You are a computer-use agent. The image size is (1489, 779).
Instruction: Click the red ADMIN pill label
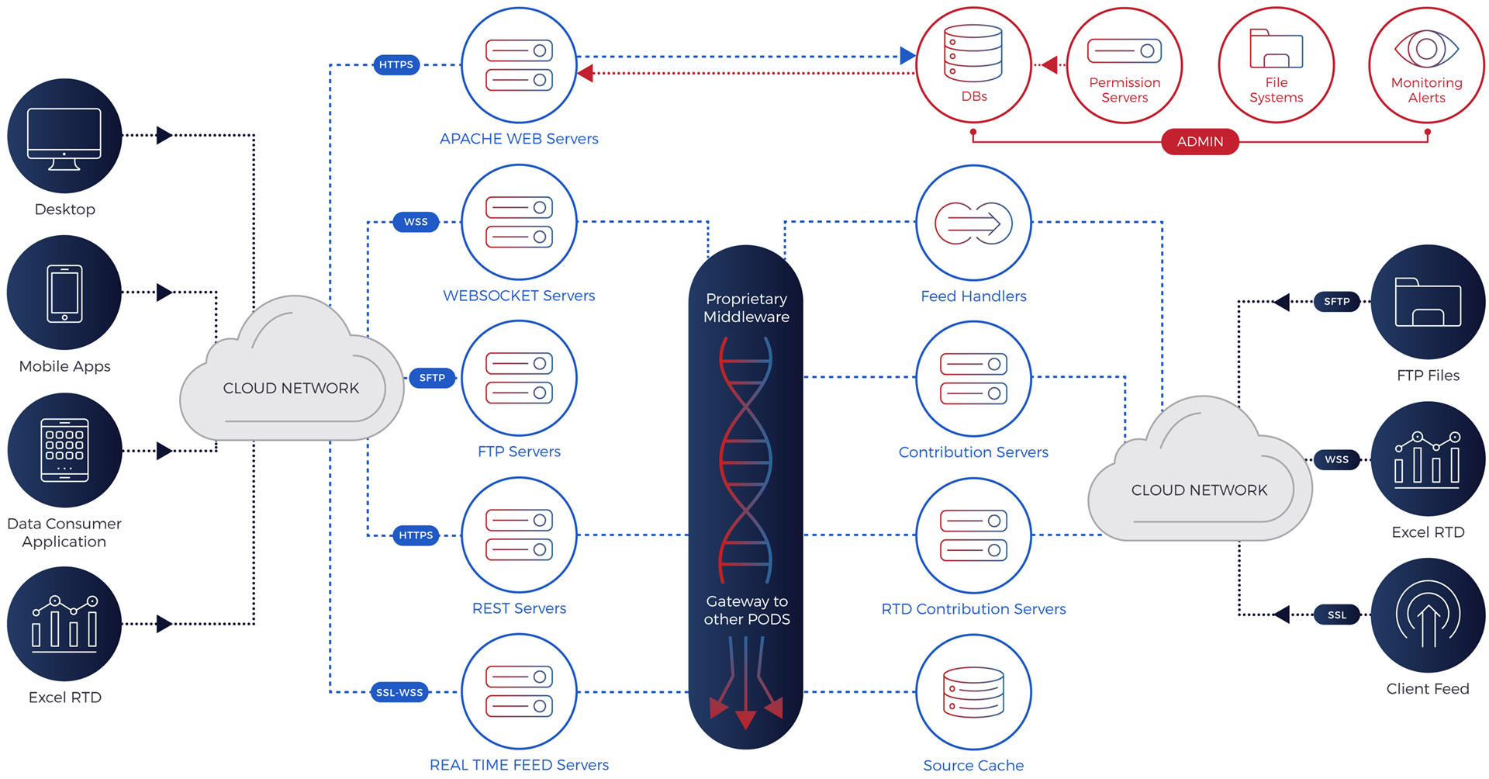[x=1200, y=141]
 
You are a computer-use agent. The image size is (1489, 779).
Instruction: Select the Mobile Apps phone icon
[x=64, y=293]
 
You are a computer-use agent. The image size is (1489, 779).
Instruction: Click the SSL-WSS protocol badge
[x=399, y=692]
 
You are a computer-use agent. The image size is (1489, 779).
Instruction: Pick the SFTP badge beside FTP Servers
[x=432, y=378]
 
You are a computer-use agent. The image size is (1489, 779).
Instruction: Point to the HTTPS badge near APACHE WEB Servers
[x=396, y=64]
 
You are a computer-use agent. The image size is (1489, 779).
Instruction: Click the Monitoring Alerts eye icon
[x=1426, y=49]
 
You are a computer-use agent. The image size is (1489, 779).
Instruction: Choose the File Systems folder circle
[x=1276, y=65]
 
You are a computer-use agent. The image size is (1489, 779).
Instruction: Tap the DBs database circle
[x=973, y=65]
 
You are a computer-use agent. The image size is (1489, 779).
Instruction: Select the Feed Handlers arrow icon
[x=973, y=223]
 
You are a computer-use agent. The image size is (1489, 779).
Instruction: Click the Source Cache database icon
[x=973, y=692]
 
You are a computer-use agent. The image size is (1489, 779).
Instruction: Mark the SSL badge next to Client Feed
[x=1337, y=615]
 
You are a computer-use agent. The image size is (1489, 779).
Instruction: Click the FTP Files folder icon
[x=1428, y=302]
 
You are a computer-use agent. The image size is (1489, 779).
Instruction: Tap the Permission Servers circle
[x=1125, y=65]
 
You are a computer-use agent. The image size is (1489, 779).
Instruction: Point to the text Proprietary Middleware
[x=746, y=307]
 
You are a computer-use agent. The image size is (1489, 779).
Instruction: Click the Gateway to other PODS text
[x=747, y=610]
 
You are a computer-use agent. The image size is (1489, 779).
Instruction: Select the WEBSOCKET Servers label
[x=519, y=296]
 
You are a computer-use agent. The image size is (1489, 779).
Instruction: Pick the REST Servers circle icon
[x=519, y=535]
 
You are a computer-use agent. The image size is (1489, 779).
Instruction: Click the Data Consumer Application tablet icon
[x=64, y=450]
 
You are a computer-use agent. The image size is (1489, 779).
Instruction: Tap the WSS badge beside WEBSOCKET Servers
[x=416, y=222]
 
